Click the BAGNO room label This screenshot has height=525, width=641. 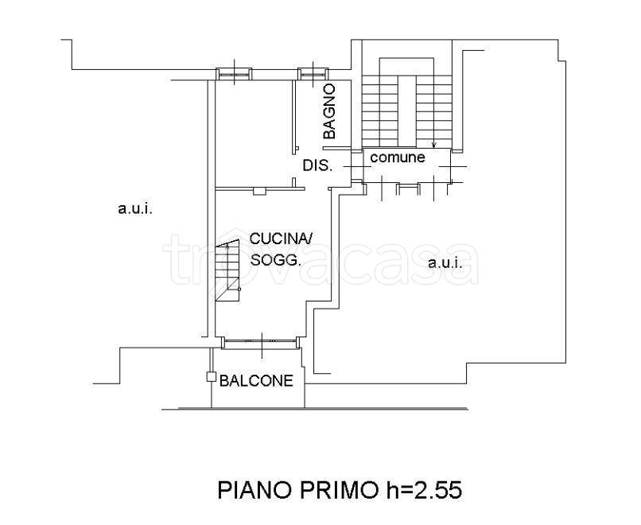328,111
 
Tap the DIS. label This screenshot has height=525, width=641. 317,165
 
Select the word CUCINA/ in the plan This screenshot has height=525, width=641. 281,239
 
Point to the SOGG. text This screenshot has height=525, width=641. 275,260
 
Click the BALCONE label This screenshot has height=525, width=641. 256,381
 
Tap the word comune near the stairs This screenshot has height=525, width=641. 398,157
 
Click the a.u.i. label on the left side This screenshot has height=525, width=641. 135,209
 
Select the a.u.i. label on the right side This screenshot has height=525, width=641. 445,262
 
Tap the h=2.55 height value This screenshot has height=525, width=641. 424,489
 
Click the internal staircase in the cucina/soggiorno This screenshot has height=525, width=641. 227,271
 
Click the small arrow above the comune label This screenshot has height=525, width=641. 434,143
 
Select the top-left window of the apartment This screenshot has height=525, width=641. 234,74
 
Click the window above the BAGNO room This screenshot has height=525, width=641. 313,74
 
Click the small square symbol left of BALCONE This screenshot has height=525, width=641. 211,376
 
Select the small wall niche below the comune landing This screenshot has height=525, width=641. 409,189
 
